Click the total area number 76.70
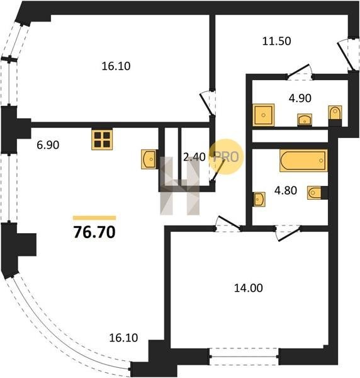point(94,232)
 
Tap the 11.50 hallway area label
point(276,41)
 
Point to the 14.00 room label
point(248,288)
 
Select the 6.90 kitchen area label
point(48,145)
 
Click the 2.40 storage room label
point(194,157)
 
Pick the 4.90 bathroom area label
point(300,98)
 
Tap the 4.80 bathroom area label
point(286,191)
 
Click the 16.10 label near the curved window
point(123,338)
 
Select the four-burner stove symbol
point(102,140)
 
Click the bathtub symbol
point(303,161)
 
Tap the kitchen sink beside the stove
point(149,159)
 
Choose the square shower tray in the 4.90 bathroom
point(264,115)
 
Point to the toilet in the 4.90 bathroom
point(335,113)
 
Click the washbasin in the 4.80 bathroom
point(259,199)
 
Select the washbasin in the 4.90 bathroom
point(305,120)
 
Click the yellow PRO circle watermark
point(227,157)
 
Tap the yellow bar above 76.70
point(94,218)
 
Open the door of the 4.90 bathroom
point(300,72)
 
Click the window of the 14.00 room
point(244,357)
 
